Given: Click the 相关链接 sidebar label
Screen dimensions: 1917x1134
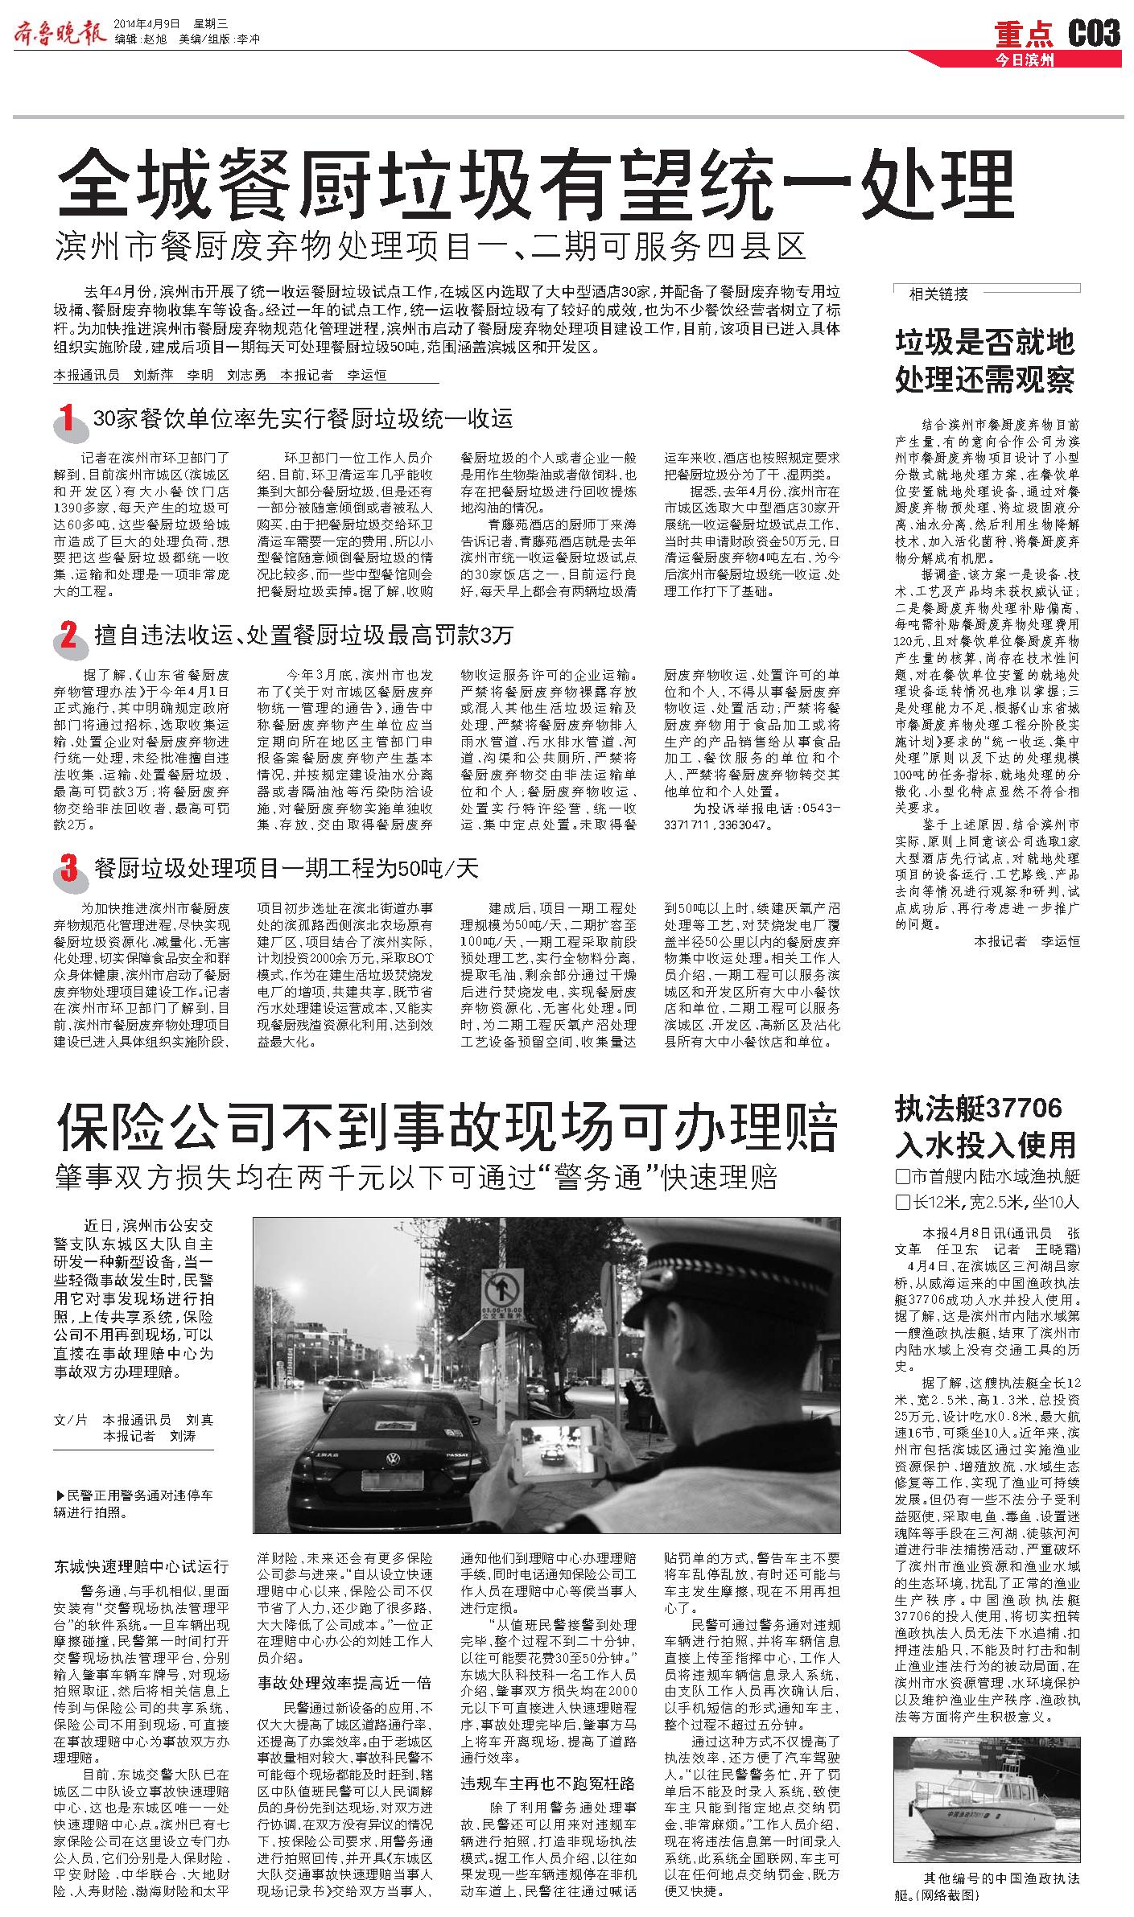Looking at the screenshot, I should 938,294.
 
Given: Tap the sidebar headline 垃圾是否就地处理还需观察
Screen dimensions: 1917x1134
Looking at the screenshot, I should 985,360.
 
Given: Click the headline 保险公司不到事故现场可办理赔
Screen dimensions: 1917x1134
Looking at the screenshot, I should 447,1128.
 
